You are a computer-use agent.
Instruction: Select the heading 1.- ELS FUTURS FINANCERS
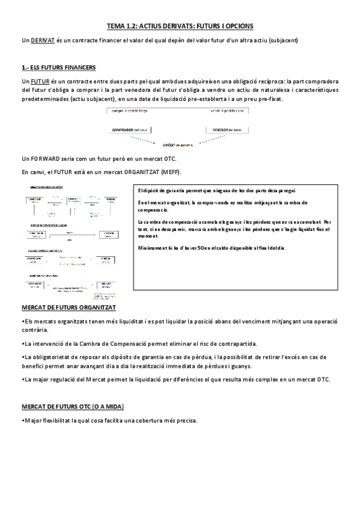[x=57, y=67]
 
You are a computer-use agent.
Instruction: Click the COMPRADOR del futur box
[x=130, y=129]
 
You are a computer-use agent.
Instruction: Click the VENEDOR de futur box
[x=226, y=129]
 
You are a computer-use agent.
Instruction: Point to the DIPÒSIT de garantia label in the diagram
[x=178, y=144]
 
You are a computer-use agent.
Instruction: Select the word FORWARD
[x=46, y=158]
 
